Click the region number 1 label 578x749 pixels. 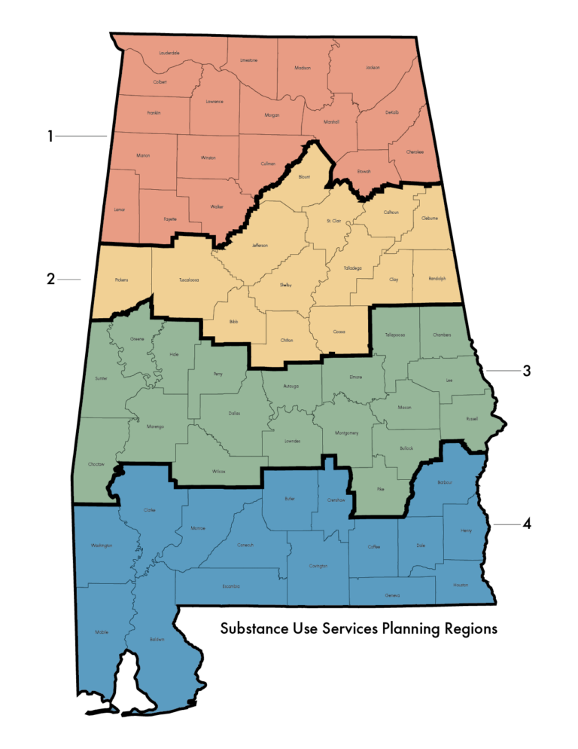[50, 136]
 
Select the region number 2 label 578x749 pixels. [50, 279]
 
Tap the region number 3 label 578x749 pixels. [527, 371]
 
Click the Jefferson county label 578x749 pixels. [260, 246]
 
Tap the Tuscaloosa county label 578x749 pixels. [189, 280]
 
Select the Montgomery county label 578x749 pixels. [346, 433]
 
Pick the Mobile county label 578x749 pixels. [102, 632]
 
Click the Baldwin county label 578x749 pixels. [157, 639]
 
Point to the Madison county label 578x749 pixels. [303, 68]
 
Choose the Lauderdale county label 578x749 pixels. [169, 53]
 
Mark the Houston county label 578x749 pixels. [461, 585]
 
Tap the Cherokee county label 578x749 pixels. [415, 152]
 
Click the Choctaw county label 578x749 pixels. [96, 464]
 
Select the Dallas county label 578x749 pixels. [234, 414]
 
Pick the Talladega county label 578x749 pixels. [352, 268]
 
